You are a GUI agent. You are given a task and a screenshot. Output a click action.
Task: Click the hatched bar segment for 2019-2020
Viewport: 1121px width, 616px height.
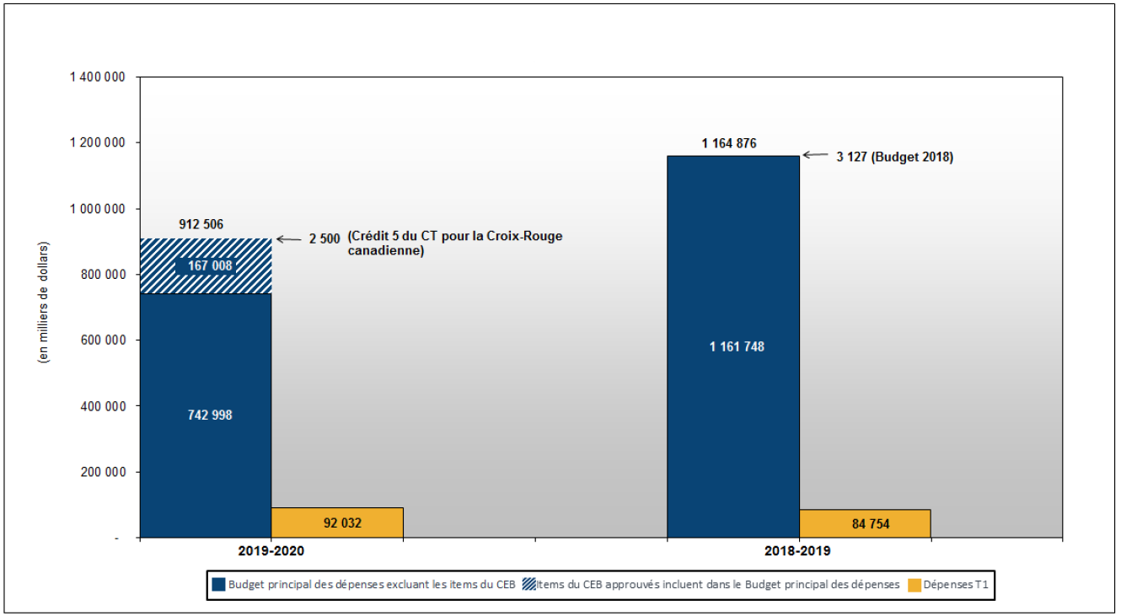(x=206, y=265)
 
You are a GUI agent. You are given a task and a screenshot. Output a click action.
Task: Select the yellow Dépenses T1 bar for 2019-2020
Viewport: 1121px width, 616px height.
(x=337, y=523)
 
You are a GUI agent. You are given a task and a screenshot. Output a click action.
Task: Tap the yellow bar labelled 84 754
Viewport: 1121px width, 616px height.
(x=865, y=524)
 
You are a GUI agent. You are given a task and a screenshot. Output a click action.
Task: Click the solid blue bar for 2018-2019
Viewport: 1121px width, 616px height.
(x=733, y=347)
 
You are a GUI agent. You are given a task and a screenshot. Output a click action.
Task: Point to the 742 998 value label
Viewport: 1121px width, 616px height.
(x=210, y=415)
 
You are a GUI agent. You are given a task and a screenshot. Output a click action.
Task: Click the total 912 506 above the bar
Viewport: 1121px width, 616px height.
(x=201, y=224)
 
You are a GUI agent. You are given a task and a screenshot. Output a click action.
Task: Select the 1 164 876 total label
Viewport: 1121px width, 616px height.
(x=728, y=143)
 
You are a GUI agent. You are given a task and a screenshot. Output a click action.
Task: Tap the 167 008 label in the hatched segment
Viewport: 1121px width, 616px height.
(x=210, y=265)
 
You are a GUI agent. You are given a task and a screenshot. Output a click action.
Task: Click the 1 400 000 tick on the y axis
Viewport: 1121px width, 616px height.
(x=97, y=77)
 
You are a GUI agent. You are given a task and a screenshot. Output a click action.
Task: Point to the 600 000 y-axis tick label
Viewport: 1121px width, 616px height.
(x=103, y=340)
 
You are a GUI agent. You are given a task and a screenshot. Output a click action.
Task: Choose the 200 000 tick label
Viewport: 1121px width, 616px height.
(x=103, y=472)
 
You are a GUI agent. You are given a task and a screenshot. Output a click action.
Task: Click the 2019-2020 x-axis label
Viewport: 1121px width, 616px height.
(x=271, y=551)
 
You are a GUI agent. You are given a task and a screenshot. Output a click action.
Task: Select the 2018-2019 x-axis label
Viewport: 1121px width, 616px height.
(x=797, y=551)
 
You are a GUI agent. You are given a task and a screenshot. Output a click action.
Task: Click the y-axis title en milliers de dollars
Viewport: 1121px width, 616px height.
(x=44, y=303)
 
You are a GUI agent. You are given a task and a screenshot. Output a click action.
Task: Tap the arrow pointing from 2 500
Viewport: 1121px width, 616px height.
(x=289, y=239)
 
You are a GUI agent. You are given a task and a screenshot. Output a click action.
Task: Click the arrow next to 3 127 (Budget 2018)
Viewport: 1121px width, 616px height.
(x=816, y=155)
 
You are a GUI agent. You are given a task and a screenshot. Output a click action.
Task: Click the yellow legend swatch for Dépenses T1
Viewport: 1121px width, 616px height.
(x=914, y=585)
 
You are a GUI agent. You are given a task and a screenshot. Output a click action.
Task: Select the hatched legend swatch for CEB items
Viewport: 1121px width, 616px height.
(x=529, y=585)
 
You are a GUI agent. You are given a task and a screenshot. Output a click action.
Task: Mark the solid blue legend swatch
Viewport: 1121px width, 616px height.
(x=218, y=585)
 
